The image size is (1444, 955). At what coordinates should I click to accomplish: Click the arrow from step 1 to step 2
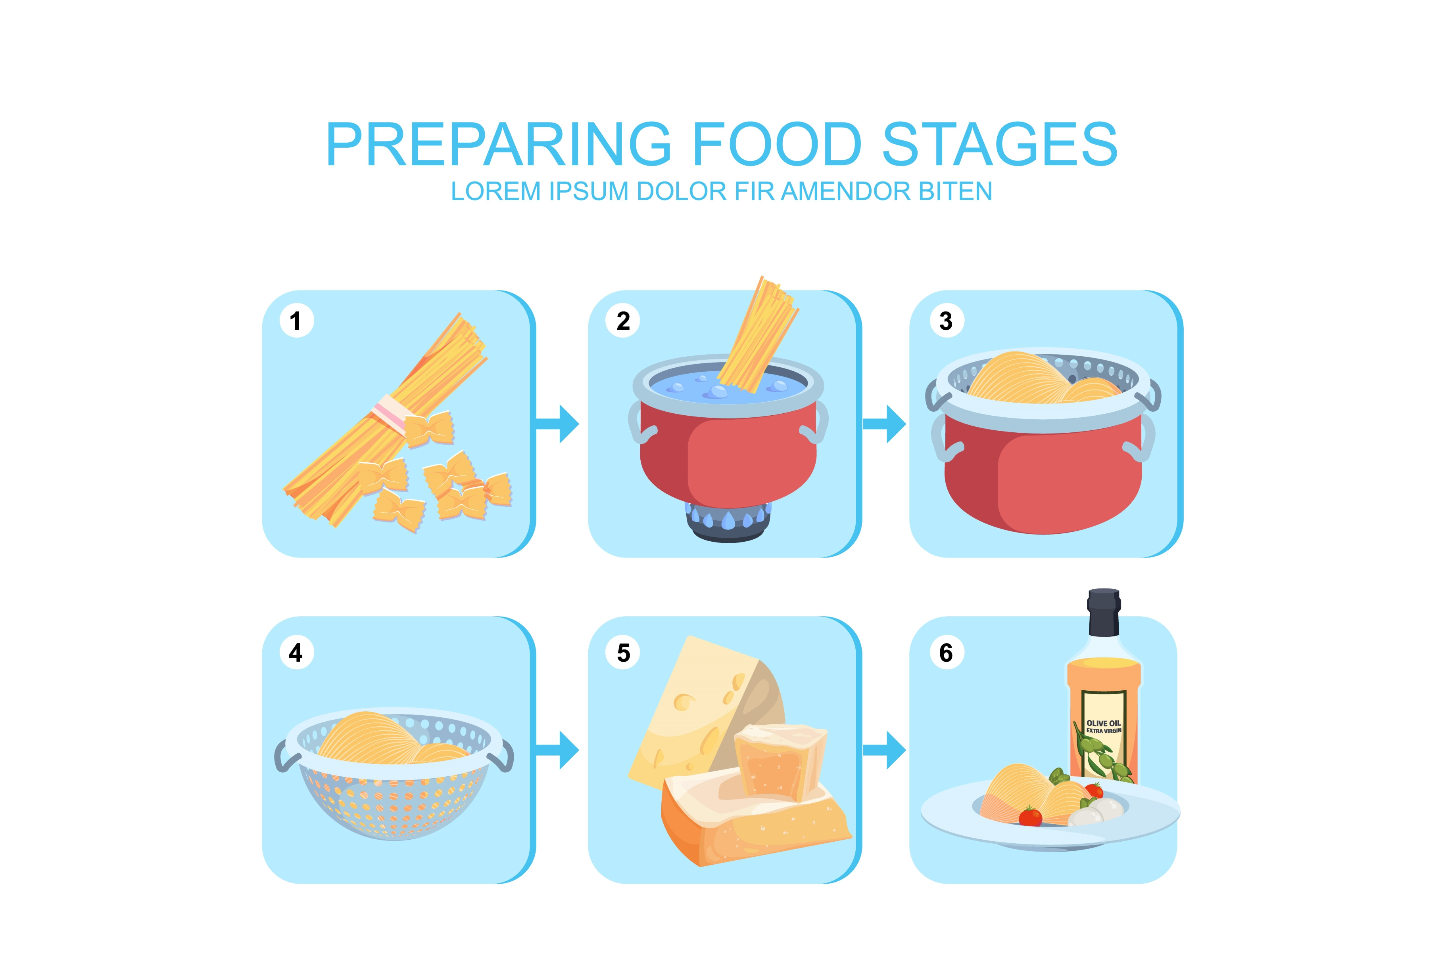coord(557,424)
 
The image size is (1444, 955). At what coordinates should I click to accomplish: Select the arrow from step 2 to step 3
coord(884,424)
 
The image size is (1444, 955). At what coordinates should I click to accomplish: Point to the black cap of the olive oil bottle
coord(1104,612)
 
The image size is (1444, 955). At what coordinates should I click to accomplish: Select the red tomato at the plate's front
coord(1031,816)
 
